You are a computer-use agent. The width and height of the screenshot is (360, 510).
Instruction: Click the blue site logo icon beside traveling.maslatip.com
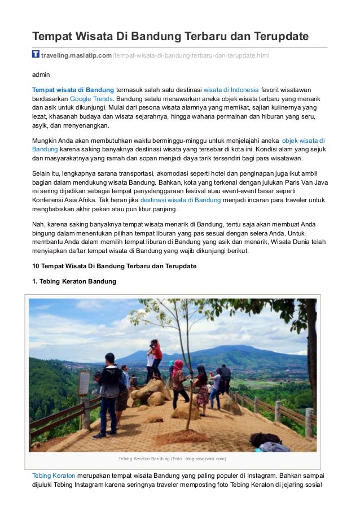tap(36, 54)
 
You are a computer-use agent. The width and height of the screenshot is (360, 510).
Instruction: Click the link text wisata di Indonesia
tap(231, 89)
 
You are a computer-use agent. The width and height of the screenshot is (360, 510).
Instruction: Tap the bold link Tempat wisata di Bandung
tap(73, 89)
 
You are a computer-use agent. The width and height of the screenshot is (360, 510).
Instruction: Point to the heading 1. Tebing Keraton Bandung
tap(74, 281)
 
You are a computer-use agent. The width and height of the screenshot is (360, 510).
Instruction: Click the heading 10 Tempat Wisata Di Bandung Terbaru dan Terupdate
tap(114, 266)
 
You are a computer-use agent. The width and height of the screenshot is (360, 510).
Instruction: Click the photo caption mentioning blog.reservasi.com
tap(172, 458)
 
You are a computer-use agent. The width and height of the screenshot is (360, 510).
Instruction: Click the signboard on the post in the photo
tap(84, 383)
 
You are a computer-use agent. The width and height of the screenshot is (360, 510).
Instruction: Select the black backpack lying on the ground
tap(265, 439)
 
